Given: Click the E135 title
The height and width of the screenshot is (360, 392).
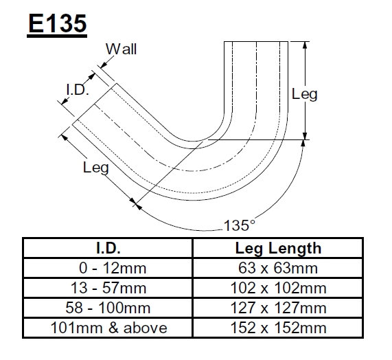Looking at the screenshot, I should (x=58, y=23).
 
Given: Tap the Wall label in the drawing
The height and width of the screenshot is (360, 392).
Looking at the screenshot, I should (x=122, y=49).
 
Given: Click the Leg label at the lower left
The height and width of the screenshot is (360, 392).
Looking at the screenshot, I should (x=95, y=167).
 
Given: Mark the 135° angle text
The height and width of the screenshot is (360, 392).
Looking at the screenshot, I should (x=240, y=225).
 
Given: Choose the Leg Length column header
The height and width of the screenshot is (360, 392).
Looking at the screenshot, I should (x=278, y=248).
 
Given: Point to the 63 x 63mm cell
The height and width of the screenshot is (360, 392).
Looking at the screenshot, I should (x=278, y=268).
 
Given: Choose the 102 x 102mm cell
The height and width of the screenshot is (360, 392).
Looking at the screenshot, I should (x=278, y=288).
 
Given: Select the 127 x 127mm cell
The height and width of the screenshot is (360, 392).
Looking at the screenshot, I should (x=278, y=308).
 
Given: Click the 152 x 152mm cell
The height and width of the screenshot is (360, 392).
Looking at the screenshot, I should (x=278, y=328).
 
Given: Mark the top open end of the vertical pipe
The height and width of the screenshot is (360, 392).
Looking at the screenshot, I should (x=256, y=43).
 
